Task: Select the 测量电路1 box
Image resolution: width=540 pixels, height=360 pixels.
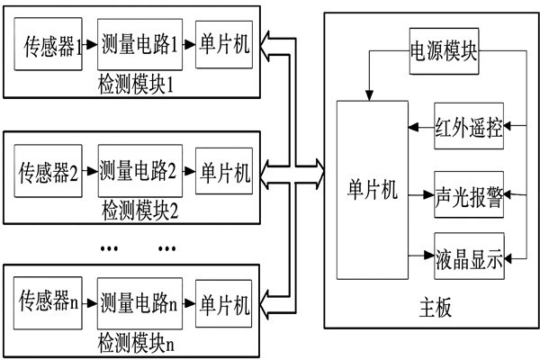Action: tap(139, 45)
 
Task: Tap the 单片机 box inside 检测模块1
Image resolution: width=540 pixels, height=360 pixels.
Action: tap(223, 45)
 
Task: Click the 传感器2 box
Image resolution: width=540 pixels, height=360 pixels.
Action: tap(49, 171)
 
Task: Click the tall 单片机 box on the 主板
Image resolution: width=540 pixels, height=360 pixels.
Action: tap(371, 190)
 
